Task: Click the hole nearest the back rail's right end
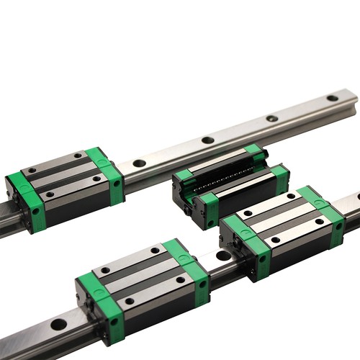pos(332,98)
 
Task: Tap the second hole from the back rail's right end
pos(271,118)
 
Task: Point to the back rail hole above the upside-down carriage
pos(207,140)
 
